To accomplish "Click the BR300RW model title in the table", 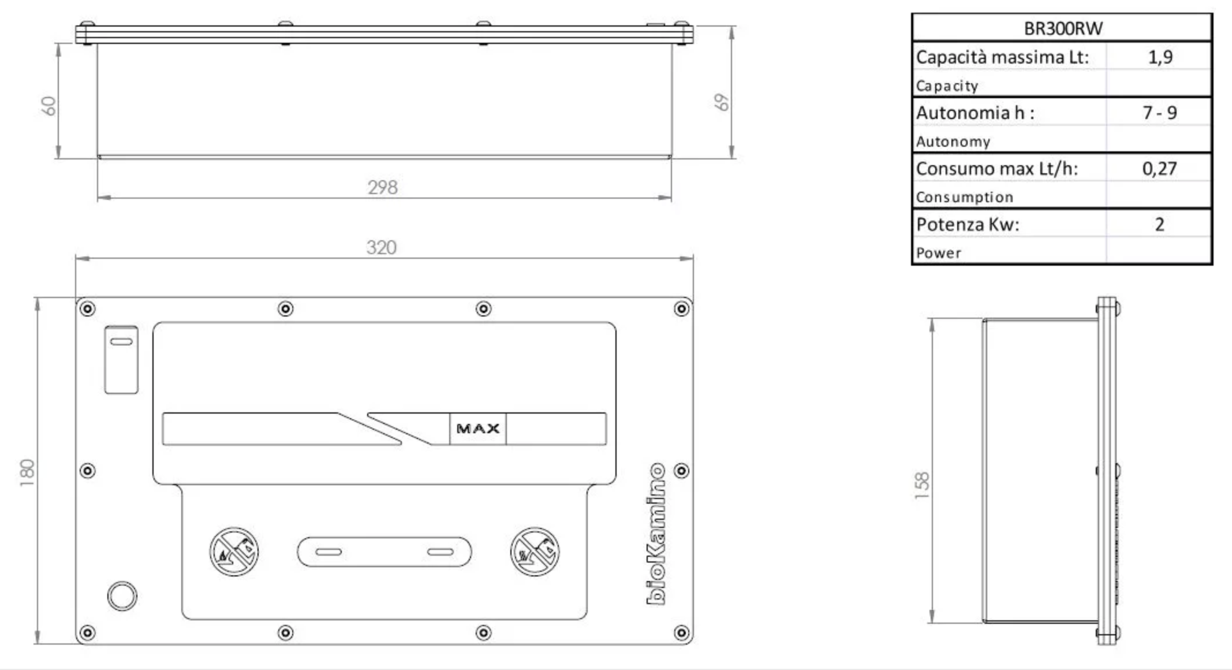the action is point(1063,28).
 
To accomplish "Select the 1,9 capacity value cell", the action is point(1160,57).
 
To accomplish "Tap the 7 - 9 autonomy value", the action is point(1159,112).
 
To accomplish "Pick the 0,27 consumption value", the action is point(1159,168).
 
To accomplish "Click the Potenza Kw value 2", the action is point(1159,224).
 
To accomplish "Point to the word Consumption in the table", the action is point(964,197).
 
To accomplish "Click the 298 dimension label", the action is point(382,187).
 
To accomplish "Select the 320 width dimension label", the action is point(381,247).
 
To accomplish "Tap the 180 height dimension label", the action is point(27,472).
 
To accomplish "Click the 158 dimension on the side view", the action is point(922,486).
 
